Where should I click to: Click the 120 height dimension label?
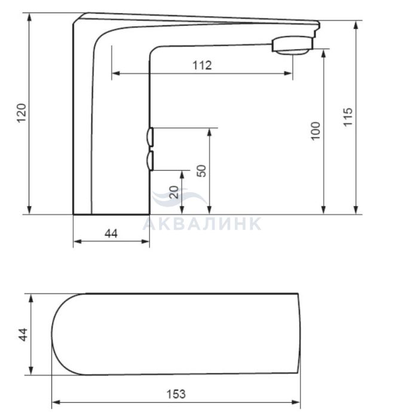[x=22, y=113]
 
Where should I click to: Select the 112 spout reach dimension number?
[x=202, y=65]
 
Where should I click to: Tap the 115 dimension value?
[x=348, y=117]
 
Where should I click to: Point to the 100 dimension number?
[x=316, y=130]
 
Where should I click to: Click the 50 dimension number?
[x=201, y=171]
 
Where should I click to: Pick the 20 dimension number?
[x=174, y=192]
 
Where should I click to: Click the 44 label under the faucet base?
[x=111, y=234]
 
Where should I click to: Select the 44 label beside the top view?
[x=23, y=335]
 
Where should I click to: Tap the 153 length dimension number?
[x=176, y=394]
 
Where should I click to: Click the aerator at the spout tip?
[x=292, y=45]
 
